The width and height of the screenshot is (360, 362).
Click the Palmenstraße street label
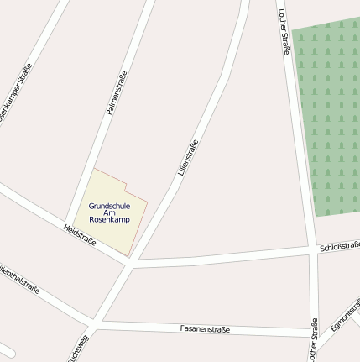point(116,92)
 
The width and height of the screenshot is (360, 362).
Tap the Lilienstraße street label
point(188,157)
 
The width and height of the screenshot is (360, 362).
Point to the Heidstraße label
point(80,235)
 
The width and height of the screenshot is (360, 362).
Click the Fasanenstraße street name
point(205,329)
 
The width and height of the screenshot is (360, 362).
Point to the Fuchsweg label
point(78,349)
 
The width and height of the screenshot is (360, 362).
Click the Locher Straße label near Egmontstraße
point(313,340)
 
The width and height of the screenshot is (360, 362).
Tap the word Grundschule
point(109,205)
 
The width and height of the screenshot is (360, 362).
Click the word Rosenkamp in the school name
point(109,220)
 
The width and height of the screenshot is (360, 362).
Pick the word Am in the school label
point(109,212)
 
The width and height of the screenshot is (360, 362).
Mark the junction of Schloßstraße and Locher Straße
point(311,249)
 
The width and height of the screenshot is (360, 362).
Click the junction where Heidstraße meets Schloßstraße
point(131,263)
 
